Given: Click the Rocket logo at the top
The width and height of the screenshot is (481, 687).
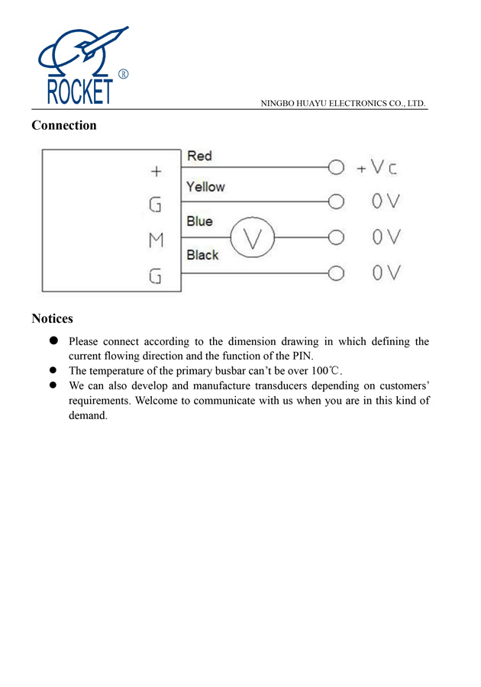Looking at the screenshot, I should [x=80, y=67].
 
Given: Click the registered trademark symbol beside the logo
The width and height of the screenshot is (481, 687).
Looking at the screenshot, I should [x=124, y=74].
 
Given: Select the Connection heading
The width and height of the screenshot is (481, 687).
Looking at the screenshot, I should [x=64, y=125].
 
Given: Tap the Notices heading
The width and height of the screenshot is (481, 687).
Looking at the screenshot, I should [x=52, y=318].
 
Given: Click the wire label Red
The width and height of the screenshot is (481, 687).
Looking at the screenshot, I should [x=199, y=156].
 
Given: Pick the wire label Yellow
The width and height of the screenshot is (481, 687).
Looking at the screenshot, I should [x=205, y=187].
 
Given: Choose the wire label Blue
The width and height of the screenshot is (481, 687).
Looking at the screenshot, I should [x=199, y=221].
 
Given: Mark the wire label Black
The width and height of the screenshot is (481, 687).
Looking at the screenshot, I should [x=202, y=255].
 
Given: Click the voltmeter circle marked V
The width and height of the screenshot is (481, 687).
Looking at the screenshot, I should [x=252, y=237].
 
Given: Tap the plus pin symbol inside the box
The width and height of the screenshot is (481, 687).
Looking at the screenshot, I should [x=156, y=172].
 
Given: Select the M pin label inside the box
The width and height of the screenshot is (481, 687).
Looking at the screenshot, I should [x=156, y=240].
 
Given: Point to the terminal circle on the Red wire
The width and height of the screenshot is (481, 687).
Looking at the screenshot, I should [x=335, y=166].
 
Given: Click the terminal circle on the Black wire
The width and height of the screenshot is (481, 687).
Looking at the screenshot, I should [x=335, y=272].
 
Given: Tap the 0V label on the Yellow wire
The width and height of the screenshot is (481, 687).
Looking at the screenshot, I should [x=386, y=202].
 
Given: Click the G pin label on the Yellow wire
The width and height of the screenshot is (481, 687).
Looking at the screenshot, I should [x=156, y=205].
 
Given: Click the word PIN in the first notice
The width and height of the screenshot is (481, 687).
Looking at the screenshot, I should [x=302, y=356].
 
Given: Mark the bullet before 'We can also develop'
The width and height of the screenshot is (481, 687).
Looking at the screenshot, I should [x=53, y=385].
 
